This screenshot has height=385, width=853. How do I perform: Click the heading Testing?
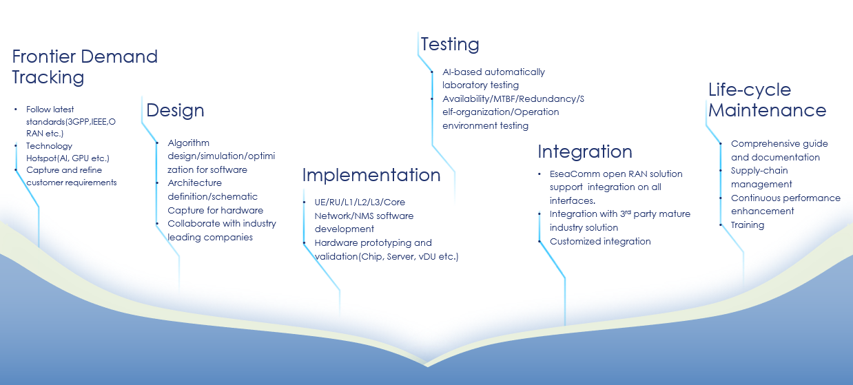click(x=450, y=45)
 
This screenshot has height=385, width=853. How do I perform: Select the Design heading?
click(x=175, y=110)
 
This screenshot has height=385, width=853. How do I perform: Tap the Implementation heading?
click(x=371, y=175)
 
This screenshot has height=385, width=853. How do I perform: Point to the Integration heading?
click(x=585, y=152)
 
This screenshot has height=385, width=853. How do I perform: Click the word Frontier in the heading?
click(x=43, y=56)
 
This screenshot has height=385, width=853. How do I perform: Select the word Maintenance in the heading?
click(x=768, y=110)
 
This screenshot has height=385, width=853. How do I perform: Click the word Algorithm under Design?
click(x=189, y=143)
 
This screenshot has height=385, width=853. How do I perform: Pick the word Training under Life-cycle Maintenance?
click(x=748, y=225)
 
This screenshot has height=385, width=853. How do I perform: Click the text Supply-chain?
click(x=759, y=171)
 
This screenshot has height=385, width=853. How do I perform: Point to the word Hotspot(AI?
click(x=48, y=158)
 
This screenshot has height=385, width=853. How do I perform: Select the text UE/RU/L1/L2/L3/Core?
click(x=360, y=202)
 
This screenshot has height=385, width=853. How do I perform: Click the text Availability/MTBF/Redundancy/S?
click(x=513, y=99)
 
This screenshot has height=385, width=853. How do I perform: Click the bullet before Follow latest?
click(x=16, y=110)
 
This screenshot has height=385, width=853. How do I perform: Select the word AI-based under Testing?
click(x=462, y=72)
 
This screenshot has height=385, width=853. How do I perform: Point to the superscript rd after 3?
click(x=628, y=211)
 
